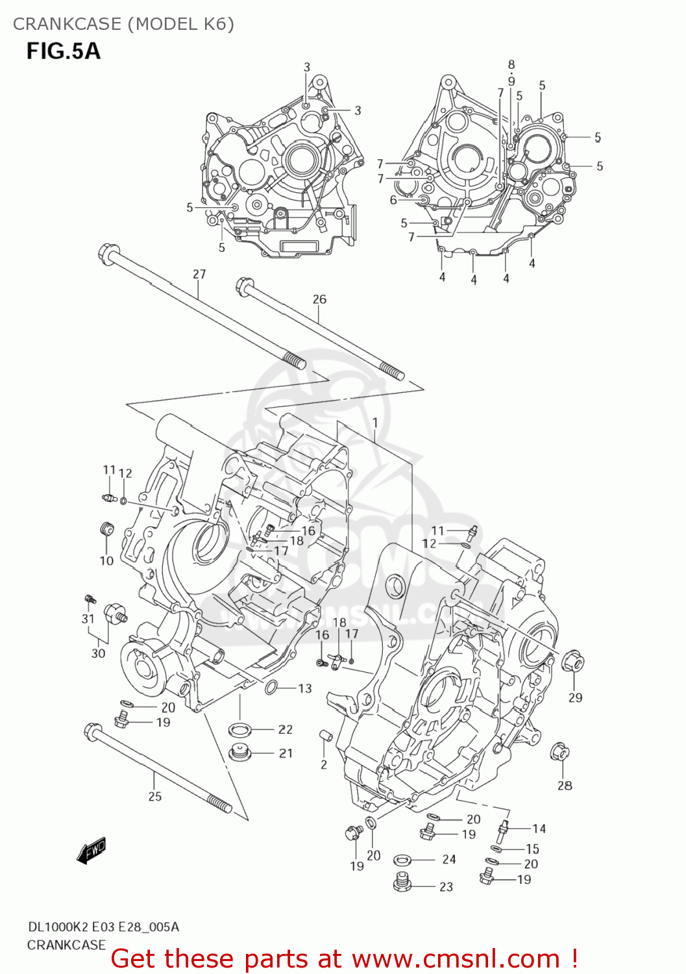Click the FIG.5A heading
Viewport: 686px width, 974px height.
point(63,51)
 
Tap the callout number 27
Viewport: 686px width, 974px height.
point(199,274)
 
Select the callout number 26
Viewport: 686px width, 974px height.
point(319,299)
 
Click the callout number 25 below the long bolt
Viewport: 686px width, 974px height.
point(154,796)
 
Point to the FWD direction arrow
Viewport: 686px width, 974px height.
point(91,851)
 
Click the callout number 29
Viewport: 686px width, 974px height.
point(575,697)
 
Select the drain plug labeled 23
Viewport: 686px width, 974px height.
point(404,884)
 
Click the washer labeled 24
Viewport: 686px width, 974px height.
point(402,860)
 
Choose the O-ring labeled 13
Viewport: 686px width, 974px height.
point(271,687)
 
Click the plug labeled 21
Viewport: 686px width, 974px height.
point(239,753)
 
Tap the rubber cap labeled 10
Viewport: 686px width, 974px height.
point(106,529)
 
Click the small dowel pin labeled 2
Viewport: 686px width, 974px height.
point(325,736)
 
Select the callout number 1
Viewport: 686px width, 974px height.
point(375,423)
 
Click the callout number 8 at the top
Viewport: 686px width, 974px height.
point(511,64)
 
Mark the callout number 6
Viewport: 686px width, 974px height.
point(393,200)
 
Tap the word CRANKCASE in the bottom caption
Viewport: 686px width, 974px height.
point(66,945)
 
